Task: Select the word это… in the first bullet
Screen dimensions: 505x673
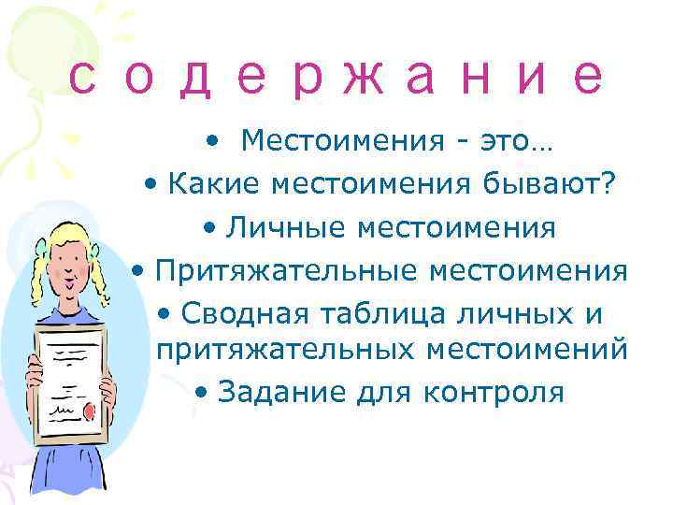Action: click(515, 142)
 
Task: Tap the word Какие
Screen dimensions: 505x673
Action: click(214, 185)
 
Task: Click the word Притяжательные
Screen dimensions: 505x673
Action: click(285, 270)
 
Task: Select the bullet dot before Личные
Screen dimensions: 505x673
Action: click(207, 228)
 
